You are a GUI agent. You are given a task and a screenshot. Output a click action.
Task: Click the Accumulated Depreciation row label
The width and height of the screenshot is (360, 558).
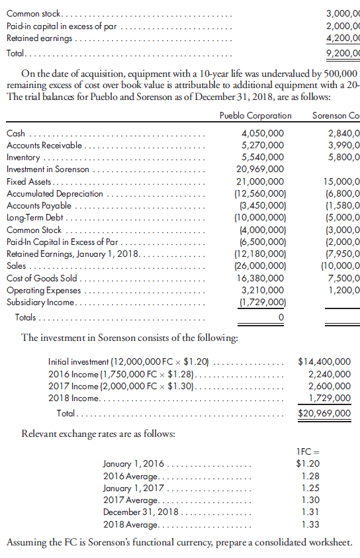point(55,193)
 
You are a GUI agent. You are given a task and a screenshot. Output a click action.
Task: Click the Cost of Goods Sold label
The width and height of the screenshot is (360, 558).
point(42,278)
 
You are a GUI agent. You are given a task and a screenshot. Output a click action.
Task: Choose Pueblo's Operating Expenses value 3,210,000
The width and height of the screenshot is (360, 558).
point(263,290)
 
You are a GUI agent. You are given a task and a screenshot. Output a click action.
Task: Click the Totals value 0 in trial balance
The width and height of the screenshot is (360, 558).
point(281,318)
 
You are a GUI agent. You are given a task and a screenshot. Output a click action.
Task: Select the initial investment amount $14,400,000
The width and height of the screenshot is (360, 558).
point(325,362)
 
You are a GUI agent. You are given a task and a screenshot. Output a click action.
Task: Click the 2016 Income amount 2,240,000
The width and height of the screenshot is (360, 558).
point(330,374)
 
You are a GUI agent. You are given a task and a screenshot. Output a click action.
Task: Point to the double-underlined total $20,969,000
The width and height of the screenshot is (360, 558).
point(325,413)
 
